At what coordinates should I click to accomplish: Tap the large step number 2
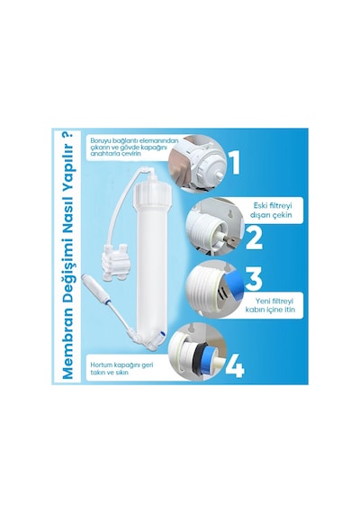pos(254,238)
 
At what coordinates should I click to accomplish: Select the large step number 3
pos(254,279)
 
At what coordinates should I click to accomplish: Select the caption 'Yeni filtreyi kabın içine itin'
pos(270,305)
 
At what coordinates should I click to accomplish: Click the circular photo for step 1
pos(197,163)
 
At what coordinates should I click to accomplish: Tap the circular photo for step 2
pos(215,228)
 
